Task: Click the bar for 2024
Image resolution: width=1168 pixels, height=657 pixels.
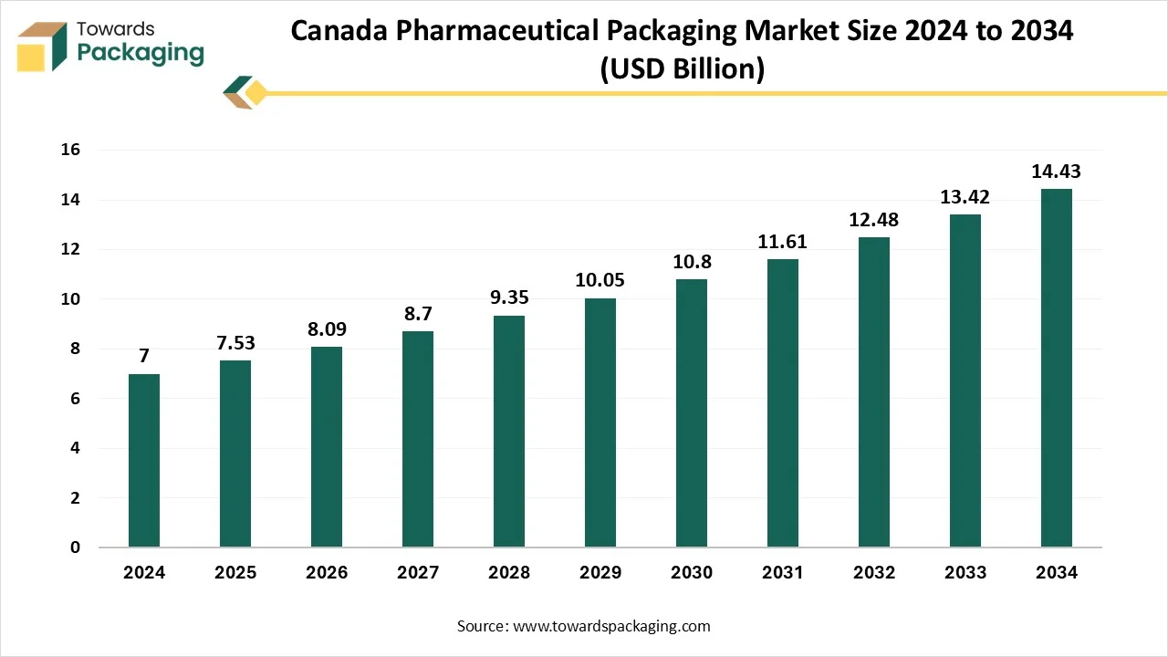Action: pyautogui.click(x=144, y=461)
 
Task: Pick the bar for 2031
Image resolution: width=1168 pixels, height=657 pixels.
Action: pyautogui.click(x=783, y=403)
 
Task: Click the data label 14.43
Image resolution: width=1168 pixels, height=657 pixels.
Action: pyautogui.click(x=1057, y=172)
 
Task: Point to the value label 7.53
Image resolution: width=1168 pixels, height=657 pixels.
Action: pyautogui.click(x=235, y=343)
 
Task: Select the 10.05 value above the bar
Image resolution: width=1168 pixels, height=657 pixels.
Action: pyautogui.click(x=600, y=280)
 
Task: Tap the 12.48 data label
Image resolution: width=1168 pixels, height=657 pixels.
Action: pyautogui.click(x=874, y=220)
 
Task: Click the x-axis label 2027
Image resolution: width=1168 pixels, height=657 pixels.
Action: pyautogui.click(x=418, y=573)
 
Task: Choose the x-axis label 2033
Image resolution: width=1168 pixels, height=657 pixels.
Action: pyautogui.click(x=965, y=573)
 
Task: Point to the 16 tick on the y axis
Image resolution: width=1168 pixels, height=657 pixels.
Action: pyautogui.click(x=70, y=150)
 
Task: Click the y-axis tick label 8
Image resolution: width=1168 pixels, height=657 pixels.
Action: pyautogui.click(x=75, y=349)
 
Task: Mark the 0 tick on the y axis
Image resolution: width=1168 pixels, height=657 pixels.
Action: pyautogui.click(x=75, y=547)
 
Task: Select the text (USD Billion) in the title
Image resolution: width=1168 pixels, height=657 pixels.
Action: pyautogui.click(x=682, y=68)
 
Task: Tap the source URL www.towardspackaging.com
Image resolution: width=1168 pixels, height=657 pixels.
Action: pyautogui.click(x=611, y=626)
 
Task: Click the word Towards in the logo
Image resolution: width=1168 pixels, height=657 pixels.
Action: pyautogui.click(x=116, y=29)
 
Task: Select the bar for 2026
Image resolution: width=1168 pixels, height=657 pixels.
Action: pyautogui.click(x=327, y=447)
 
